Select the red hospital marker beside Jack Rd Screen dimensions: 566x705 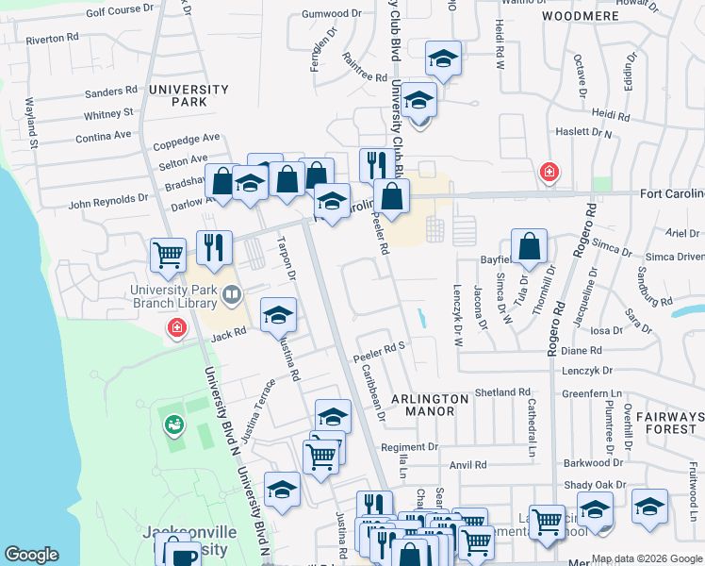[175, 328]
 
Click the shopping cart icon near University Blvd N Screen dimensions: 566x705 [168, 254]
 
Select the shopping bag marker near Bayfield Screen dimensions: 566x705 [531, 245]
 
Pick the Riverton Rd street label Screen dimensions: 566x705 [53, 40]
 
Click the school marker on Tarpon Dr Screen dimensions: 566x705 [278, 315]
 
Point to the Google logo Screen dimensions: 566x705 [31, 555]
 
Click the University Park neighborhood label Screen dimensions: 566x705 [189, 95]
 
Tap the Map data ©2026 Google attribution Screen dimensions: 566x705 [647, 558]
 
